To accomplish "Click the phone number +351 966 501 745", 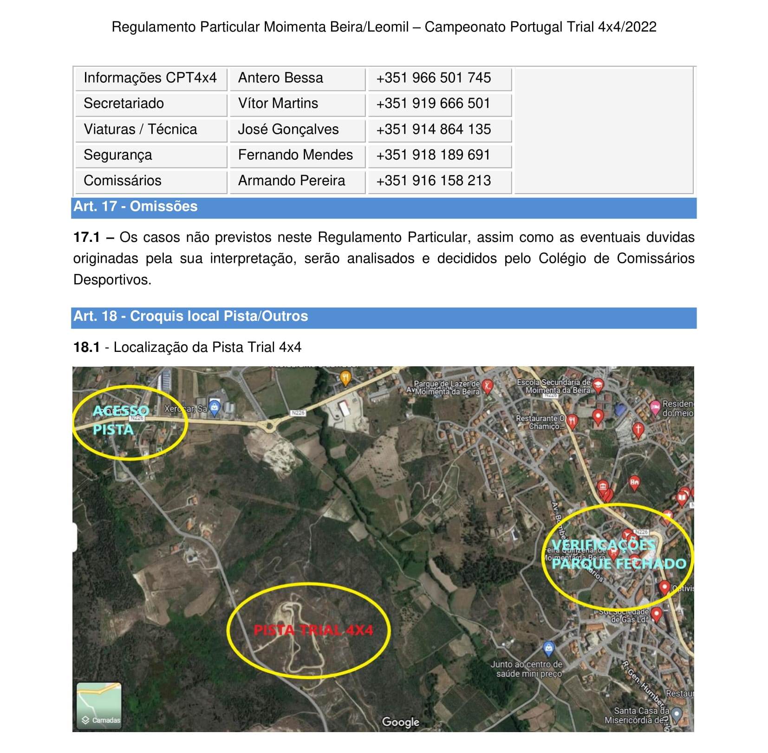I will (x=433, y=78).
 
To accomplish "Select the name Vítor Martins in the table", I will (x=278, y=104).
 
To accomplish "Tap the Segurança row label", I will (x=118, y=155).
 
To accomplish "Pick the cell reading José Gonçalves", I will (x=288, y=130).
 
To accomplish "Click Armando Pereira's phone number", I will (x=433, y=181).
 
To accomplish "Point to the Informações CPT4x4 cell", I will (x=150, y=78).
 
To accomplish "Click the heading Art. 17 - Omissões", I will (x=136, y=207).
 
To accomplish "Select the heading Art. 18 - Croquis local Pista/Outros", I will (x=190, y=316).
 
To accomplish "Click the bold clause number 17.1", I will (x=86, y=238).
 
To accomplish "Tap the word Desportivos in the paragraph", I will (x=112, y=280).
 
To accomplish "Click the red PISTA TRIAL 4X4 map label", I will (x=313, y=630).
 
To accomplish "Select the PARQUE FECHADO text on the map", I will (x=618, y=564).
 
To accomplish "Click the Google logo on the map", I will (x=400, y=722).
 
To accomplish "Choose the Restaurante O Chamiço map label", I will (x=540, y=422).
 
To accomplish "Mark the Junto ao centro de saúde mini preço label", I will (x=527, y=669).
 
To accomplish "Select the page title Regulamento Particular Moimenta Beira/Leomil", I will (x=260, y=27).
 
